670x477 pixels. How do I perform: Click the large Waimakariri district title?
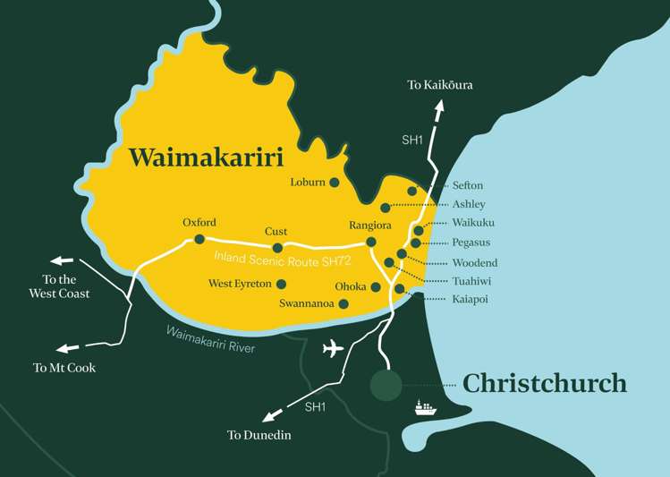(x=206, y=158)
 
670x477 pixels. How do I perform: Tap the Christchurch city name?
(x=544, y=383)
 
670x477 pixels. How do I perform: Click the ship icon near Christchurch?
(x=425, y=408)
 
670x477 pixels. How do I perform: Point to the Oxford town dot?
(x=199, y=239)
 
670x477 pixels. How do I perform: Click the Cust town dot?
(x=277, y=248)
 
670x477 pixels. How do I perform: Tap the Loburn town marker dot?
(x=335, y=183)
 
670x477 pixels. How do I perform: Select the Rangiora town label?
(x=371, y=226)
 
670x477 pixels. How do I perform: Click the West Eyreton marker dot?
(x=282, y=284)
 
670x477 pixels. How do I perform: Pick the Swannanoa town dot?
(x=343, y=303)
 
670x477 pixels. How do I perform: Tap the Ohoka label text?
(x=350, y=287)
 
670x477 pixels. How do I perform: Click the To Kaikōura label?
(x=439, y=85)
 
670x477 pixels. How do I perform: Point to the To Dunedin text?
(x=259, y=435)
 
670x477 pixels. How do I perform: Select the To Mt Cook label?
(x=64, y=367)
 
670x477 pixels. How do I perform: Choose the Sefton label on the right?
(x=467, y=185)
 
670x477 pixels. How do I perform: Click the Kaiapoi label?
(x=470, y=299)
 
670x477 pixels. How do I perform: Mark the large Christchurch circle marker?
(x=386, y=385)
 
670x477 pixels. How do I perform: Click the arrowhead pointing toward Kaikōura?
(x=438, y=105)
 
